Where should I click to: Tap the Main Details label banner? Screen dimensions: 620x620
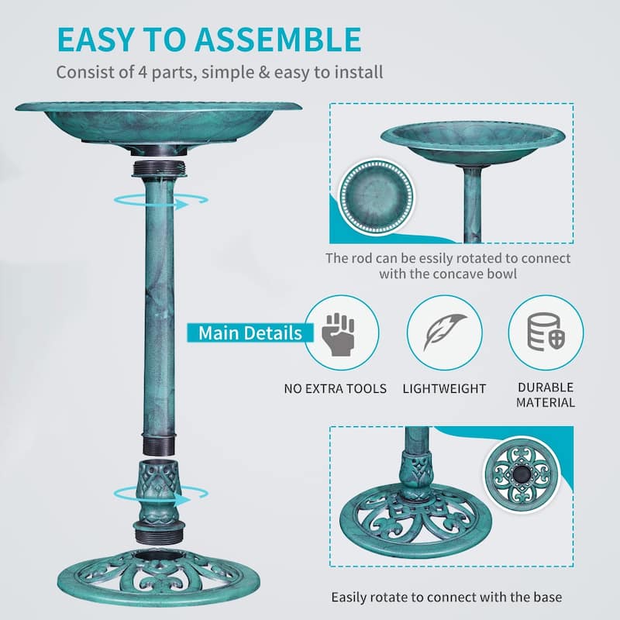click(250, 333)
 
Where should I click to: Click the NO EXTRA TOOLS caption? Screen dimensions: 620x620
click(335, 388)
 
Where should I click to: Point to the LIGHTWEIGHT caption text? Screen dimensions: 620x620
click(444, 388)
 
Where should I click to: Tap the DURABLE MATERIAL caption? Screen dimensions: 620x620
click(546, 394)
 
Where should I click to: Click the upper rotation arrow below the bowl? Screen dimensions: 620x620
click(162, 201)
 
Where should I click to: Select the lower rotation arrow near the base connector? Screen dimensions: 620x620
click(162, 493)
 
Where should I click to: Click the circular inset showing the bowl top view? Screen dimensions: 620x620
click(377, 195)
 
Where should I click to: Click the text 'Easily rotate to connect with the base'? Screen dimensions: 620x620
click(446, 598)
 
